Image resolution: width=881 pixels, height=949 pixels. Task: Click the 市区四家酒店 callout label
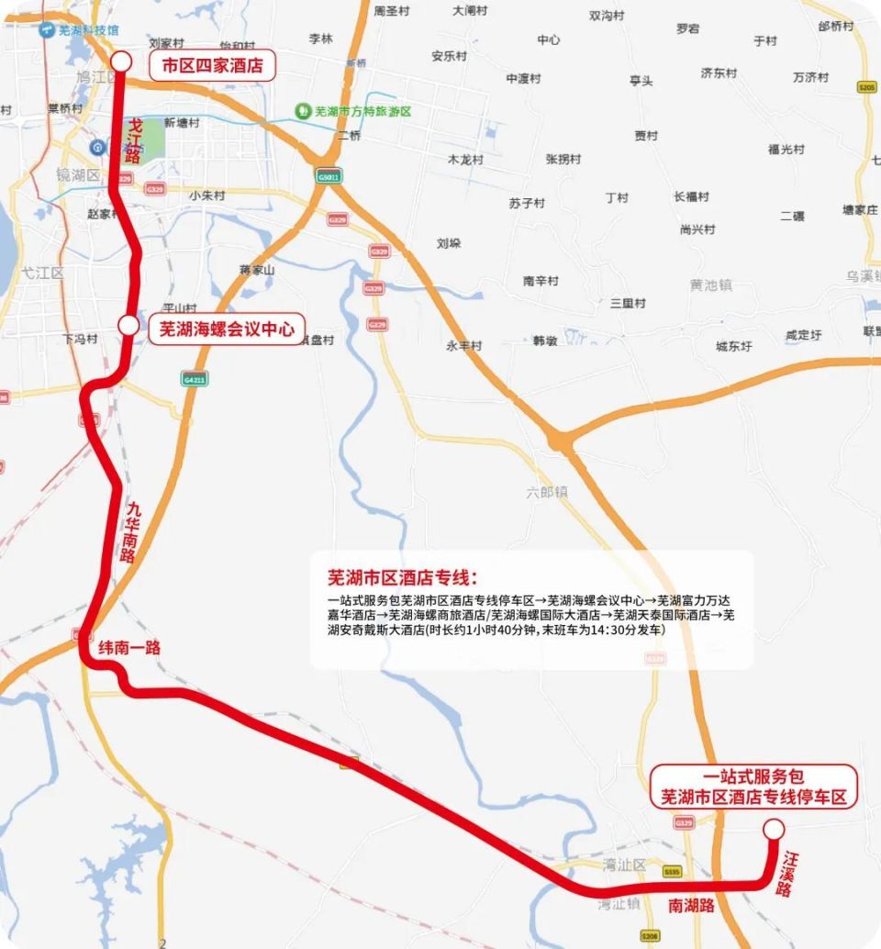point(212,65)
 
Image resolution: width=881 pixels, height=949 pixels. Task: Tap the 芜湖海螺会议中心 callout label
point(227,328)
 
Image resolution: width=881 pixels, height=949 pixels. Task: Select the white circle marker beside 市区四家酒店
point(121,61)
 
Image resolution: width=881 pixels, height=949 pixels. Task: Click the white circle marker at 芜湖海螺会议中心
point(128,325)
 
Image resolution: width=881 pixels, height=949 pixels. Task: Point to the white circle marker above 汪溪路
point(774,829)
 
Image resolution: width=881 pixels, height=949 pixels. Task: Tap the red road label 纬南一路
point(129,648)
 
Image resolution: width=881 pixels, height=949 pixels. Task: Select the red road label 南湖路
point(691,906)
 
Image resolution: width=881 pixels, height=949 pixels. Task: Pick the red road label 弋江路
point(135,140)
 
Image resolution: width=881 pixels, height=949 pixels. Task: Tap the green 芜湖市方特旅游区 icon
point(301,111)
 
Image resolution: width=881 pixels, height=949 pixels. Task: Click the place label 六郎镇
point(547,492)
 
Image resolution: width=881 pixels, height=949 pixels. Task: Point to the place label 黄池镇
point(711,285)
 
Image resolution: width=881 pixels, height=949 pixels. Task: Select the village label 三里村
point(628,303)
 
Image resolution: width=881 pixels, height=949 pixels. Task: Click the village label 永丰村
point(463,346)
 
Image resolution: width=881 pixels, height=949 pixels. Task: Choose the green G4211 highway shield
point(194,378)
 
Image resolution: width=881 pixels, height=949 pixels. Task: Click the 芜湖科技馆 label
point(88,30)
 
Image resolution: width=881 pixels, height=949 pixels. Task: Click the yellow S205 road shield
point(865,87)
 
